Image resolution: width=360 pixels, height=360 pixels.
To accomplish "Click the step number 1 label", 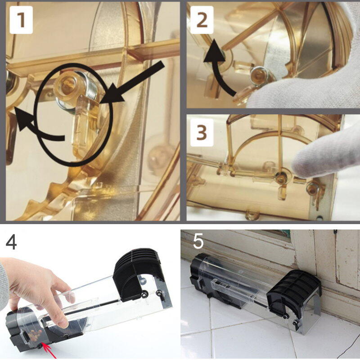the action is [x=21, y=20].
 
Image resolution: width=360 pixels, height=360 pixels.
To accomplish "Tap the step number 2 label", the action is [x=202, y=20].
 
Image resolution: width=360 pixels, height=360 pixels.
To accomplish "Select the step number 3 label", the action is [x=202, y=132].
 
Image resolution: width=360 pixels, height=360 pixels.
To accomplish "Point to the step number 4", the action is [x=11, y=243].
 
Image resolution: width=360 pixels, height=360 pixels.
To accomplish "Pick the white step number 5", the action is [x=198, y=241].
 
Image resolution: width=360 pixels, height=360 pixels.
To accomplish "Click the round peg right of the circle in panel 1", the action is [x=158, y=159].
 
